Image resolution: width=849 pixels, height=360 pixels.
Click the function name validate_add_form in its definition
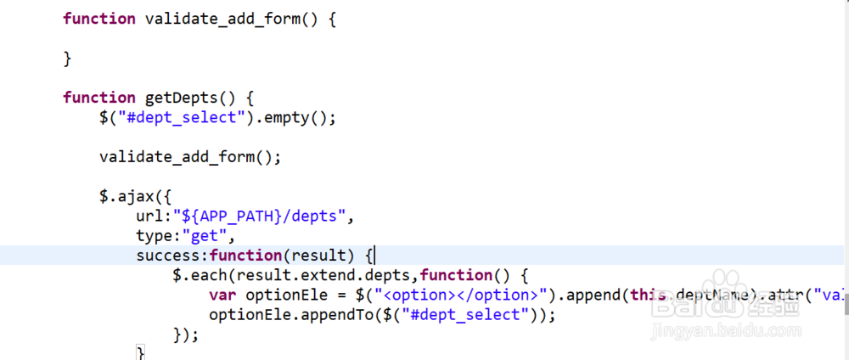pyautogui.click(x=222, y=19)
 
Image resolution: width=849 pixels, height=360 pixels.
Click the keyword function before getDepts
pyautogui.click(x=99, y=98)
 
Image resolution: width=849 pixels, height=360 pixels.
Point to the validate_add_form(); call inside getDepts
pyautogui.click(x=189, y=157)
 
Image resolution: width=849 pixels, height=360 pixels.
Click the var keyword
pyautogui.click(x=222, y=295)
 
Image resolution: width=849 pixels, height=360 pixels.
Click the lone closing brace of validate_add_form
pyautogui.click(x=67, y=59)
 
